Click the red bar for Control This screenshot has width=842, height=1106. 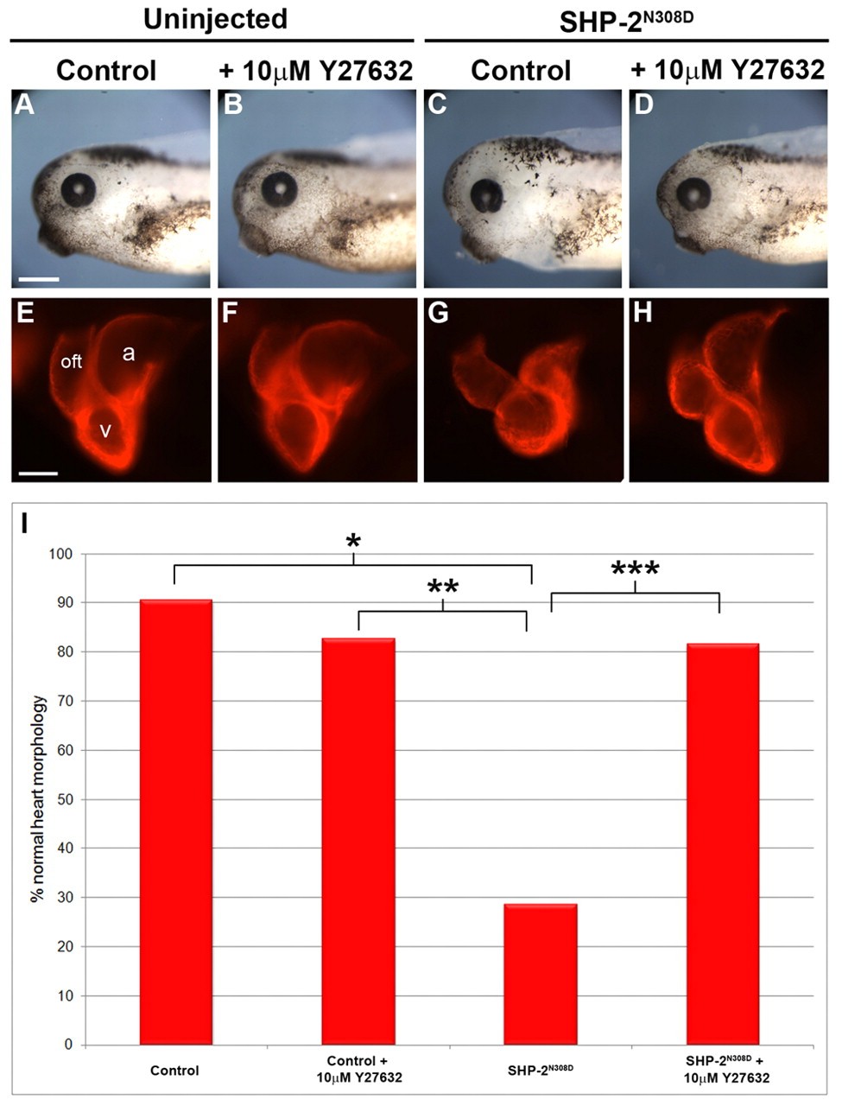(175, 821)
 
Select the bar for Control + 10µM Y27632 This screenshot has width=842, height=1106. (358, 842)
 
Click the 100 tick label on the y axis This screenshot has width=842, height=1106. (62, 554)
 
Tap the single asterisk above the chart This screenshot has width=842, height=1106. (352, 543)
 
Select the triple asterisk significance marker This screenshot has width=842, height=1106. (635, 569)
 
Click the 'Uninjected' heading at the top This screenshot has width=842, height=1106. (215, 19)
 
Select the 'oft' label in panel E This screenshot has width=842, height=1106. (71, 362)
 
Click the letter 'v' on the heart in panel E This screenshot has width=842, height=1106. (104, 429)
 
